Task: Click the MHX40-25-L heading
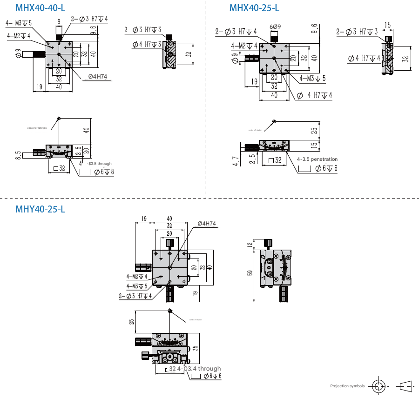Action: point(254,8)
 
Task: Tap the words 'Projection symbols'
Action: point(347,386)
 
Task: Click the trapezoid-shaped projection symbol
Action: point(405,385)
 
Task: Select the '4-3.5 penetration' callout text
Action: point(317,159)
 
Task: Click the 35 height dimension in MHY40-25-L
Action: point(196,347)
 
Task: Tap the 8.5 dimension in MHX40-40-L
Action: point(18,155)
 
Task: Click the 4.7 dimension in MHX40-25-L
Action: point(236,161)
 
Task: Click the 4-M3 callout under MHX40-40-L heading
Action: point(19,23)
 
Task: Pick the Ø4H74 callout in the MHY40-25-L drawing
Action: point(207,224)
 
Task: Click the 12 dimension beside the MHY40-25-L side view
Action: point(250,245)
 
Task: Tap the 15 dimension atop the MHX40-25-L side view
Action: point(387,24)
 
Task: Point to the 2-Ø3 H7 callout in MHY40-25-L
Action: point(135,296)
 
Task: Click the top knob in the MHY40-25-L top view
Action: point(170,243)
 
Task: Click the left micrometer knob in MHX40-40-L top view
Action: point(39,55)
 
